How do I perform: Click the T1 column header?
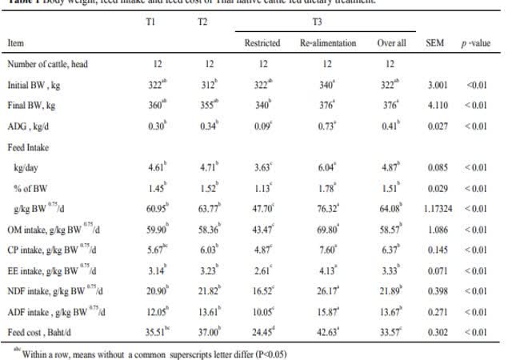[150, 21]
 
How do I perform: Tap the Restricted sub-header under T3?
[262, 42]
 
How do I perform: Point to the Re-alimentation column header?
[328, 42]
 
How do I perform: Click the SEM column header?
[435, 42]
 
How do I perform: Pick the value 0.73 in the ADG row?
[326, 126]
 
